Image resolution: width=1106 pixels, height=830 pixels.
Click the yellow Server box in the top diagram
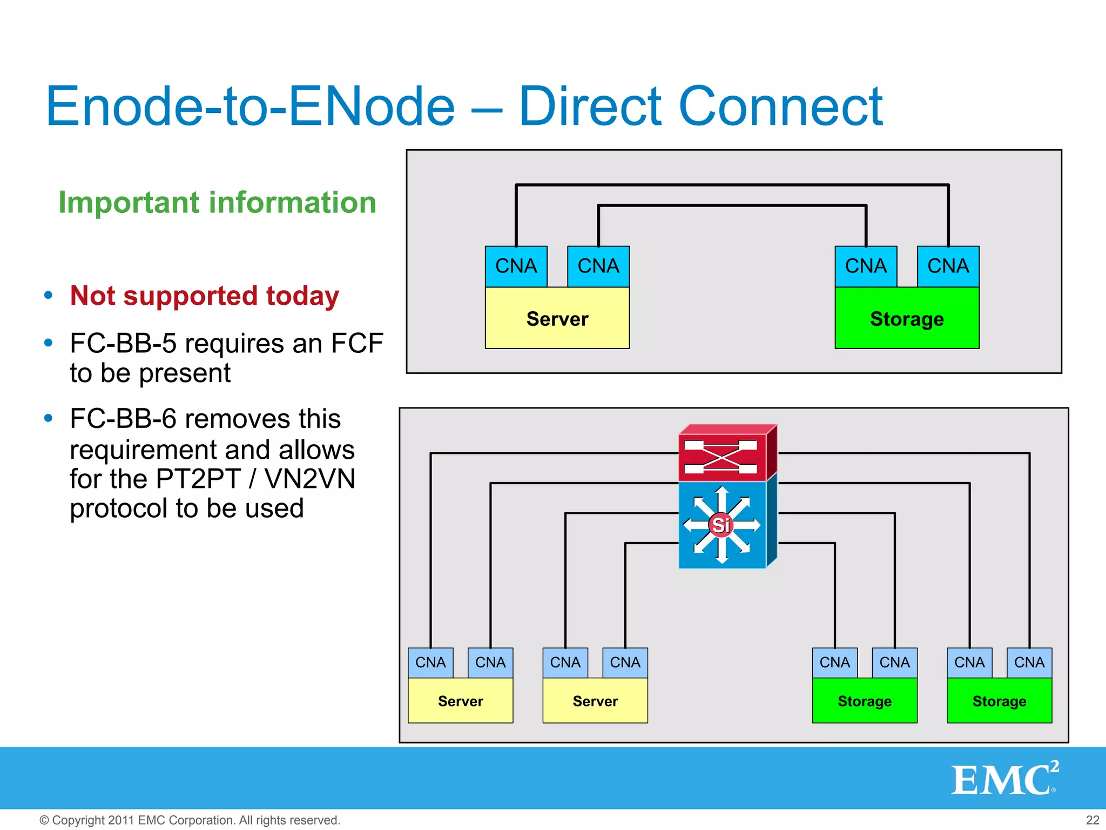click(557, 318)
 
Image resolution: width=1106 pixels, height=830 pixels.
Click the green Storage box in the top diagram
click(907, 318)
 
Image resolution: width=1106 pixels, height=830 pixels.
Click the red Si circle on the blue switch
click(721, 525)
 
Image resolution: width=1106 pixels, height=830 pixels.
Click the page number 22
click(1092, 820)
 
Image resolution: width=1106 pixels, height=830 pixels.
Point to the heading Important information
click(217, 203)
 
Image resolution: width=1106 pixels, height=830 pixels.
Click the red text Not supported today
click(205, 296)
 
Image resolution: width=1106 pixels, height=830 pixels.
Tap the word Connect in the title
click(780, 106)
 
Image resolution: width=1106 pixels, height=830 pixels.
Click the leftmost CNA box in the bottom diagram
click(430, 662)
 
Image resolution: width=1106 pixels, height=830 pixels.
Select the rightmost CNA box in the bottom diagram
click(1029, 662)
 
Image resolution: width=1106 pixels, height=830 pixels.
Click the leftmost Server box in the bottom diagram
click(460, 701)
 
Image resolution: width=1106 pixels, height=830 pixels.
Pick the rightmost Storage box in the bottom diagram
click(999, 701)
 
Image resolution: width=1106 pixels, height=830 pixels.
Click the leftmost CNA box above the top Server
click(516, 266)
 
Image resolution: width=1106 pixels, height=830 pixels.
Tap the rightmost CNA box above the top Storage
click(948, 266)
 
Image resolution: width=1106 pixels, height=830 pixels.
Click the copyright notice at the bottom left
click(190, 820)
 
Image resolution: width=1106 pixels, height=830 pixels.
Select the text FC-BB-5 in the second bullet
click(123, 344)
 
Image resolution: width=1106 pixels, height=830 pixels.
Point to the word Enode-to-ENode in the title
click(250, 106)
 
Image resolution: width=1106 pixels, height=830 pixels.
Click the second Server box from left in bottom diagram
click(595, 701)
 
